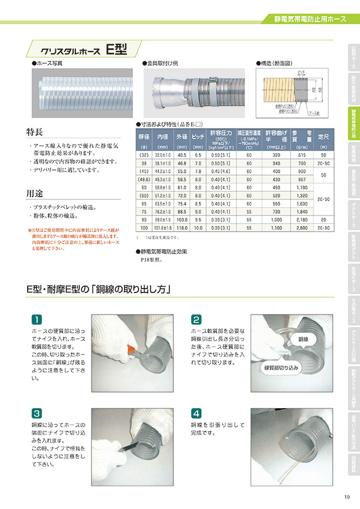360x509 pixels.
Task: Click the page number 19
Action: click(346, 497)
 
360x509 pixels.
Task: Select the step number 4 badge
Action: click(196, 413)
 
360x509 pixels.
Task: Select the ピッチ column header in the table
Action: click(198, 136)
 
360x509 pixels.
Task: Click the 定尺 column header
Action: click(323, 136)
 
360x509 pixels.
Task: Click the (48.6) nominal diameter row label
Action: click(144, 179)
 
